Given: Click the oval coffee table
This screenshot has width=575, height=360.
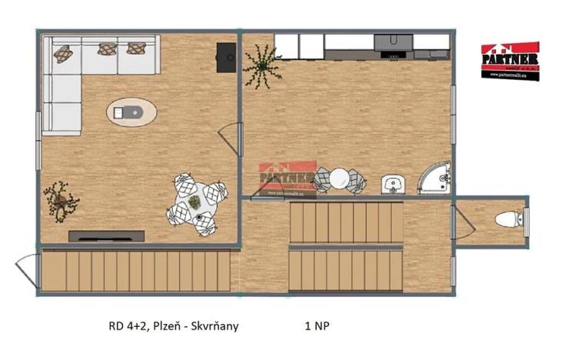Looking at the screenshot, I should point(131,113).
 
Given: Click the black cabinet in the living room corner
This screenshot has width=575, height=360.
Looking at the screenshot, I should point(226,57).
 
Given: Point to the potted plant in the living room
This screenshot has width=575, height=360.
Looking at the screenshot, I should point(61,200).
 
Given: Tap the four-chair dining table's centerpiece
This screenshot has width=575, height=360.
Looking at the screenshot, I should point(195,203).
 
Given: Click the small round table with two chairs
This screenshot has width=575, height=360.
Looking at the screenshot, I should point(340,179).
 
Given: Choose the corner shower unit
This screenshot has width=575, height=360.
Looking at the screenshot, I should point(437,178).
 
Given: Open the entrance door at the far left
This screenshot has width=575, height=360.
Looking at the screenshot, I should point(27,270).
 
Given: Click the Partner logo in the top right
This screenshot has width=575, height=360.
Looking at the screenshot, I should point(510,60).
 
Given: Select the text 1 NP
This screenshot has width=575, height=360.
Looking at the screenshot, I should point(319,326).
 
